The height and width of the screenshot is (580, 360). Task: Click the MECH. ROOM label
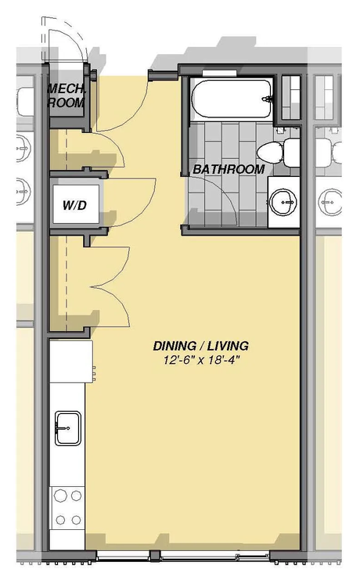point(67,95)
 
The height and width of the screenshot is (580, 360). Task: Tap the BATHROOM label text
point(229,169)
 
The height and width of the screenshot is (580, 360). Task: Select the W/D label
point(74,205)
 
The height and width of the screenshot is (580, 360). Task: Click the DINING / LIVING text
point(201,346)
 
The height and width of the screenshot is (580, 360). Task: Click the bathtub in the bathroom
point(232,99)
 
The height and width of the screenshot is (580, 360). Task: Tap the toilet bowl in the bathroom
point(270,152)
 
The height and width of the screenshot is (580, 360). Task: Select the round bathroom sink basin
point(283,202)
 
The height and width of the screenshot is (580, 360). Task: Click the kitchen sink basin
point(68,428)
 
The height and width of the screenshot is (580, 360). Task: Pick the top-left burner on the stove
point(59,495)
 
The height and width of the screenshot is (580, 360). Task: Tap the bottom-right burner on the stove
point(76,520)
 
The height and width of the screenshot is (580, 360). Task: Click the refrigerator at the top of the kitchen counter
point(71,362)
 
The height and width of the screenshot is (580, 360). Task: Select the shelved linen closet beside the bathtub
point(291,97)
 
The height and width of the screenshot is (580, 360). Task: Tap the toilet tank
point(292,153)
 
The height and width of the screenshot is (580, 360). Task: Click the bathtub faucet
point(267,99)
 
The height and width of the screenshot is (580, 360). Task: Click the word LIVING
point(228,346)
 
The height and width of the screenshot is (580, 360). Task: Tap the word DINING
point(175,346)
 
